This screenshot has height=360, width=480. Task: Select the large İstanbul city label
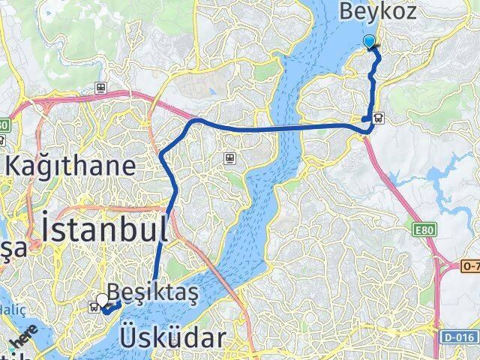(104, 229)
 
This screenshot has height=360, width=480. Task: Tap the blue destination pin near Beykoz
(370, 42)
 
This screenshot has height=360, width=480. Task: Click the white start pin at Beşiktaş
(103, 299)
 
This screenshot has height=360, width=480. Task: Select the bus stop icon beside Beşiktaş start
(94, 304)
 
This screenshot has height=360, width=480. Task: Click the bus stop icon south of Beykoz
(379, 118)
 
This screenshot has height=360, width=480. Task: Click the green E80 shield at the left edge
(4, 124)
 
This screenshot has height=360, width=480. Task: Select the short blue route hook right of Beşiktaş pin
(113, 305)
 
